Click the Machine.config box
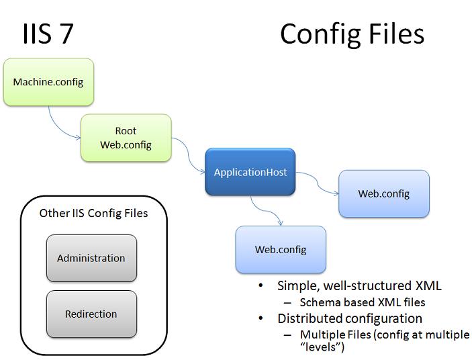(x=48, y=82)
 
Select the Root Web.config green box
(x=126, y=138)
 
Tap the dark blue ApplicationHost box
(x=250, y=172)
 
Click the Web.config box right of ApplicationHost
(x=383, y=193)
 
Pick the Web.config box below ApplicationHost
(x=281, y=249)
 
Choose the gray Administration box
(x=91, y=258)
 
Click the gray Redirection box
(x=91, y=314)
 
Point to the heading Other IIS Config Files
(x=93, y=214)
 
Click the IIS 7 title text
(x=48, y=34)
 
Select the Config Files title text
(x=352, y=34)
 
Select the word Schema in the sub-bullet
(x=318, y=302)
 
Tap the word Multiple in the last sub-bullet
(x=320, y=334)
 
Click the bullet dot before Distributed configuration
(x=261, y=318)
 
